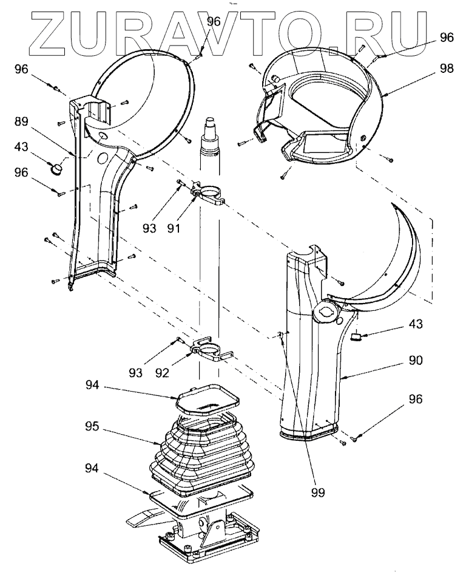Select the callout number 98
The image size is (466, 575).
[447, 69]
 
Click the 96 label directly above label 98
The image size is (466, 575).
[447, 37]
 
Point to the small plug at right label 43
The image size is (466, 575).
[357, 336]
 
